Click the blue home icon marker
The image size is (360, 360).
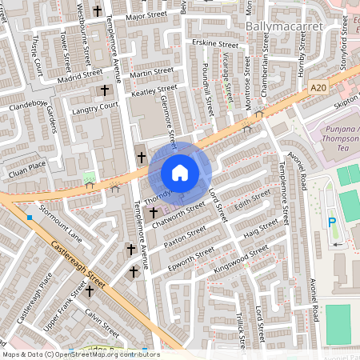180,173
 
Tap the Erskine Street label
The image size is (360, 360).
215,44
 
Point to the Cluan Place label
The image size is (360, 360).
26,166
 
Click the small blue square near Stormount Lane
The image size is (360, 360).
29,217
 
